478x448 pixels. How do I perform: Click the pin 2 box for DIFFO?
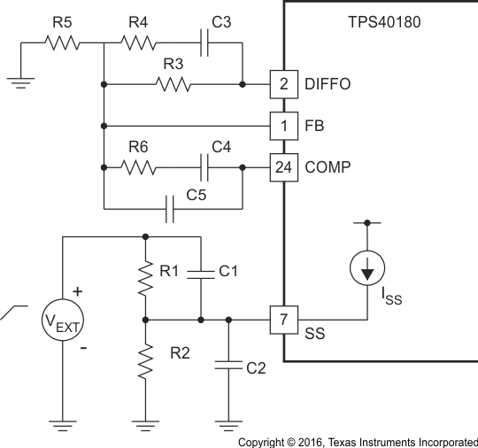pyautogui.click(x=283, y=84)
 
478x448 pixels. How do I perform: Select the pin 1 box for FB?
pyautogui.click(x=283, y=126)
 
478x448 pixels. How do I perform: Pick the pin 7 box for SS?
pyautogui.click(x=283, y=320)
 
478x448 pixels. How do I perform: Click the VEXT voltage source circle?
pyautogui.click(x=62, y=320)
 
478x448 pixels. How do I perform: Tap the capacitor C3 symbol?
pyautogui.click(x=204, y=42)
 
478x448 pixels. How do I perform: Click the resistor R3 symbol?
pyautogui.click(x=173, y=85)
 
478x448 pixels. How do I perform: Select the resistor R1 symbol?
pyautogui.click(x=144, y=276)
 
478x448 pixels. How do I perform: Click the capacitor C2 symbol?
pyautogui.click(x=229, y=364)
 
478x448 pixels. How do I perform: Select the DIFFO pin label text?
pyautogui.click(x=328, y=85)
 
